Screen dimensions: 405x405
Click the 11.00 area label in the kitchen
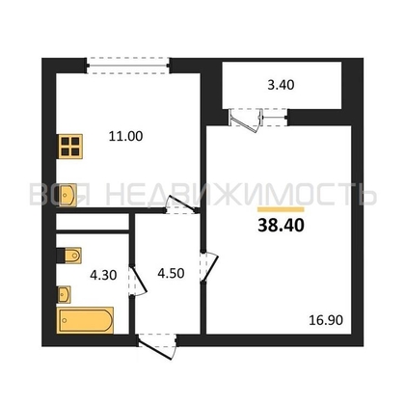click(x=125, y=136)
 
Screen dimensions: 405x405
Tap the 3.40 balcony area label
click(x=281, y=85)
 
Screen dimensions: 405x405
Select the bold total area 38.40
click(x=281, y=226)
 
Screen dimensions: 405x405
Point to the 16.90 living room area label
click(x=326, y=320)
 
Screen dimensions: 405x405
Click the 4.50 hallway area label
click(x=171, y=273)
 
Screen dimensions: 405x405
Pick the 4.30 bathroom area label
click(x=103, y=275)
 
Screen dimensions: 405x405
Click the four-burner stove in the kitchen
click(x=70, y=147)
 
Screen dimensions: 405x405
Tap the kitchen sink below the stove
click(x=67, y=195)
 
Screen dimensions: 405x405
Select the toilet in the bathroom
click(x=69, y=256)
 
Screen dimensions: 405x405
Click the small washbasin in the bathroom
click(x=65, y=294)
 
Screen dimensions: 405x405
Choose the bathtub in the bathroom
click(x=86, y=320)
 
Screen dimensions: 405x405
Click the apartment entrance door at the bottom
click(x=157, y=346)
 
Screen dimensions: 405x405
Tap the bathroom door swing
click(x=138, y=281)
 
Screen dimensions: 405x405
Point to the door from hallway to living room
click(x=209, y=267)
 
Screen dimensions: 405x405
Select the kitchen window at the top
click(x=128, y=66)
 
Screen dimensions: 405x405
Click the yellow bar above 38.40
click(x=281, y=209)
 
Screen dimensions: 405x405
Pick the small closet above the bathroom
click(x=93, y=222)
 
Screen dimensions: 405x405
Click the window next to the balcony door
click(x=275, y=118)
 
